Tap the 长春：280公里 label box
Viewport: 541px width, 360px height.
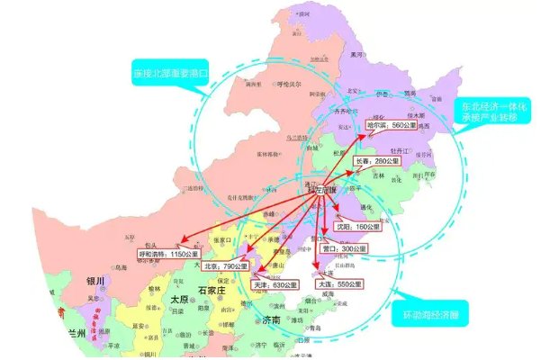(367, 161)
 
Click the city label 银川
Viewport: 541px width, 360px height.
(96, 282)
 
